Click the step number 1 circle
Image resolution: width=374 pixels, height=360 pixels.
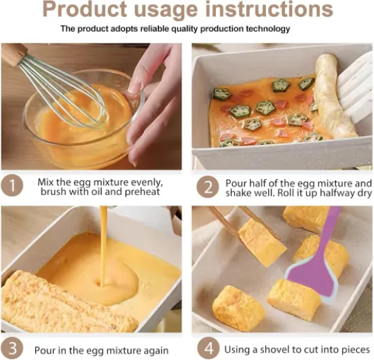(12, 185)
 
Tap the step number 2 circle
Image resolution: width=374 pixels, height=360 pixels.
(208, 187)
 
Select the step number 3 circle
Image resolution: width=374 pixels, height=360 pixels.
(12, 348)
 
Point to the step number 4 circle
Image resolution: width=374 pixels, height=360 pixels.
(208, 348)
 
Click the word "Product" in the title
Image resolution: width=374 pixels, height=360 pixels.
(84, 10)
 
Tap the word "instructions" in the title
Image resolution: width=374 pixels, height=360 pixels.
(269, 9)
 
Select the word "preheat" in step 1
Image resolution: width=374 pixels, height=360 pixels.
(142, 192)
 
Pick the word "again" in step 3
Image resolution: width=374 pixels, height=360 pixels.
(156, 350)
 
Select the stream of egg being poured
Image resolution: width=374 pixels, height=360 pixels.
(104, 246)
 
